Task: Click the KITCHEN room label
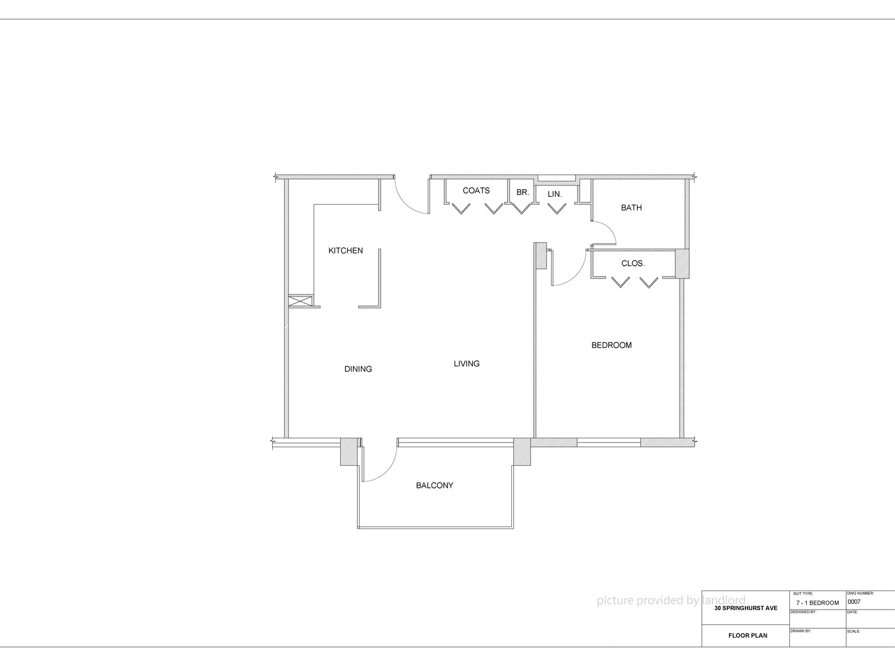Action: click(x=345, y=251)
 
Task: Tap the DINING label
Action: click(x=358, y=369)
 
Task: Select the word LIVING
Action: click(x=467, y=363)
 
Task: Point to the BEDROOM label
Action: click(x=611, y=345)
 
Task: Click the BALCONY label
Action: click(x=434, y=486)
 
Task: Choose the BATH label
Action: click(x=631, y=208)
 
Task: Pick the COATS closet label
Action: click(x=476, y=190)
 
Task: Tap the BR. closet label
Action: click(x=522, y=192)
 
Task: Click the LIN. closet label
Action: click(x=554, y=194)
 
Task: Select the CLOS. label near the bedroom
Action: click(x=633, y=264)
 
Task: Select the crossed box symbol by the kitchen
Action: click(x=300, y=301)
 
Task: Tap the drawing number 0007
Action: click(x=854, y=601)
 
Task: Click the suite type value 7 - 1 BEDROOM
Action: click(x=817, y=602)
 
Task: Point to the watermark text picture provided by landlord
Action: click(x=671, y=600)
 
